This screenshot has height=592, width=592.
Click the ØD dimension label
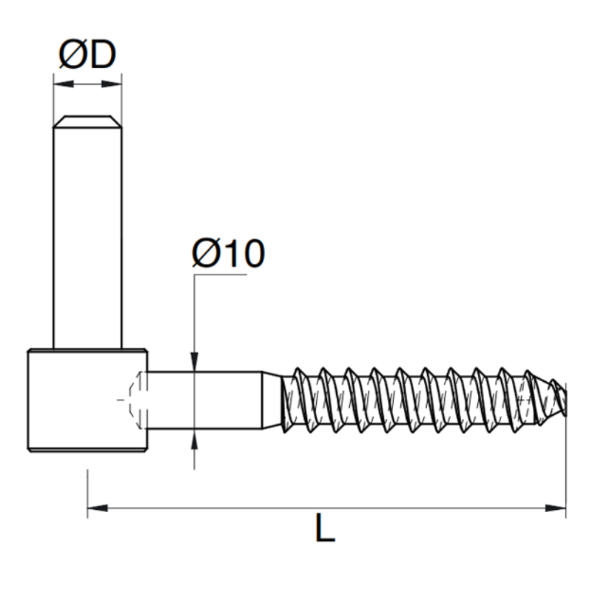(87, 55)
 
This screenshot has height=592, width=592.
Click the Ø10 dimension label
(229, 253)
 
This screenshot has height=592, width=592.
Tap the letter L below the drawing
(325, 528)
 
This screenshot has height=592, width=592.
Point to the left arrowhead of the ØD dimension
(64, 84)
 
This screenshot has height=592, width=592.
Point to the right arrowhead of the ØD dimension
(112, 84)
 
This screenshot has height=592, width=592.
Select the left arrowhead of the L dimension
(98, 508)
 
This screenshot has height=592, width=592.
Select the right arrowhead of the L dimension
(556, 508)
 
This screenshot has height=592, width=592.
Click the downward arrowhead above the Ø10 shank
(195, 362)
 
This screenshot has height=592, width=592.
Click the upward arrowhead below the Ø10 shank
(195, 439)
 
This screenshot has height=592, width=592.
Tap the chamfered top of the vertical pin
(87, 121)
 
